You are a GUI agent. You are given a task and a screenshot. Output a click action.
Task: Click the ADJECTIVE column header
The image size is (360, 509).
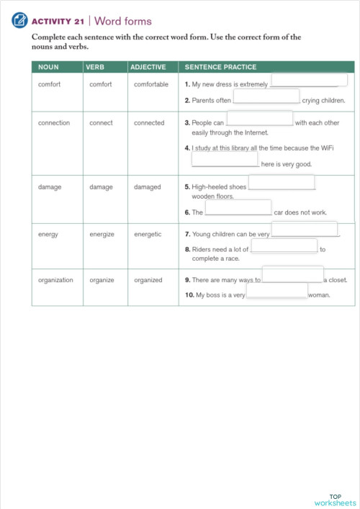pyautogui.click(x=148, y=67)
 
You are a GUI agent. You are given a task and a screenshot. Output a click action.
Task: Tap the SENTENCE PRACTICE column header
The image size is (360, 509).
pyautogui.click(x=220, y=67)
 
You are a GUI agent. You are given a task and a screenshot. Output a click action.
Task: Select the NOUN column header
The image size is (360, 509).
pyautogui.click(x=48, y=67)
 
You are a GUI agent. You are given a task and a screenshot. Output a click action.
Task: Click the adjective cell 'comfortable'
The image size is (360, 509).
pyautogui.click(x=151, y=84)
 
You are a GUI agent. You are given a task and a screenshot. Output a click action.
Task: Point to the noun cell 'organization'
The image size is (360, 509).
pyautogui.click(x=55, y=280)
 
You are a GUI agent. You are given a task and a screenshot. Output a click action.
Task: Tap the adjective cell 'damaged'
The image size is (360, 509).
pyautogui.click(x=148, y=186)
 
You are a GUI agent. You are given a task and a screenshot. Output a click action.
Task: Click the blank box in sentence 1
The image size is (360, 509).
pyautogui.click(x=309, y=80)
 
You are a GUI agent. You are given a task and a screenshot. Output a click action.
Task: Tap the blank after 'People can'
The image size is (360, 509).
pyautogui.click(x=260, y=119)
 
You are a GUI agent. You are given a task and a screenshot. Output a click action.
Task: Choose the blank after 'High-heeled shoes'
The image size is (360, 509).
pyautogui.click(x=282, y=182)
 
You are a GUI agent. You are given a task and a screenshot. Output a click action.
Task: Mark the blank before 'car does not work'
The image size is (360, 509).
pyautogui.click(x=238, y=208)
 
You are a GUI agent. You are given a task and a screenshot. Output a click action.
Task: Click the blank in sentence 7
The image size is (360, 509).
pyautogui.click(x=305, y=230)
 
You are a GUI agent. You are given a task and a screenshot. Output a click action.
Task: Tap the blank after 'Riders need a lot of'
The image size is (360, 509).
pyautogui.click(x=284, y=246)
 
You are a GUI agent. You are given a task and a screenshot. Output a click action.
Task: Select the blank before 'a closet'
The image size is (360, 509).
pyautogui.click(x=292, y=274)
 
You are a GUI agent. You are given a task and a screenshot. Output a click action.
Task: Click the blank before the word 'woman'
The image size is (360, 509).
pyautogui.click(x=277, y=291)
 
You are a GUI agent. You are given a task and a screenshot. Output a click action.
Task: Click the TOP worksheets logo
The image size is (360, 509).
pyautogui.click(x=335, y=500)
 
